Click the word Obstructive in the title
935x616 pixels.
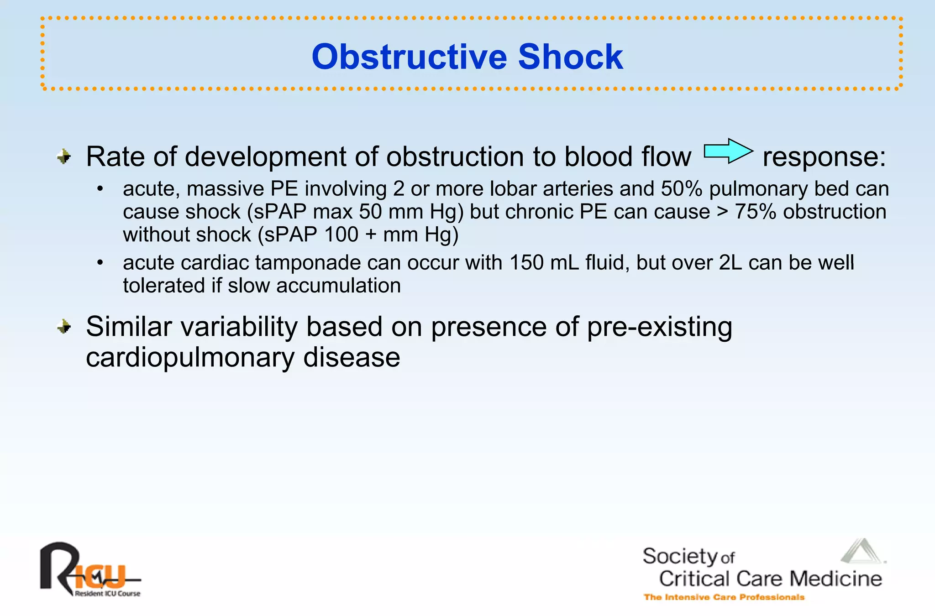[409, 57]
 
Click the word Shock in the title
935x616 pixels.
[570, 57]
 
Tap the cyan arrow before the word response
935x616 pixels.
[728, 151]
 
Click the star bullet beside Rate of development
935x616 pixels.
[64, 157]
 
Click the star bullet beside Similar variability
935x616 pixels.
[64, 327]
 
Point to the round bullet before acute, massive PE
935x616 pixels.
[100, 189]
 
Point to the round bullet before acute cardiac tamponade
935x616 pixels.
[100, 263]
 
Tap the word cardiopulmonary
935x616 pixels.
[190, 358]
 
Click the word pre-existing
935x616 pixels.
[659, 328]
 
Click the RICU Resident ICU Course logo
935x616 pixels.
[89, 570]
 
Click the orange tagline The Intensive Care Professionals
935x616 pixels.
[724, 597]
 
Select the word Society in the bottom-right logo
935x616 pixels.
[680, 556]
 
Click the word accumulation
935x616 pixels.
[338, 286]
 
